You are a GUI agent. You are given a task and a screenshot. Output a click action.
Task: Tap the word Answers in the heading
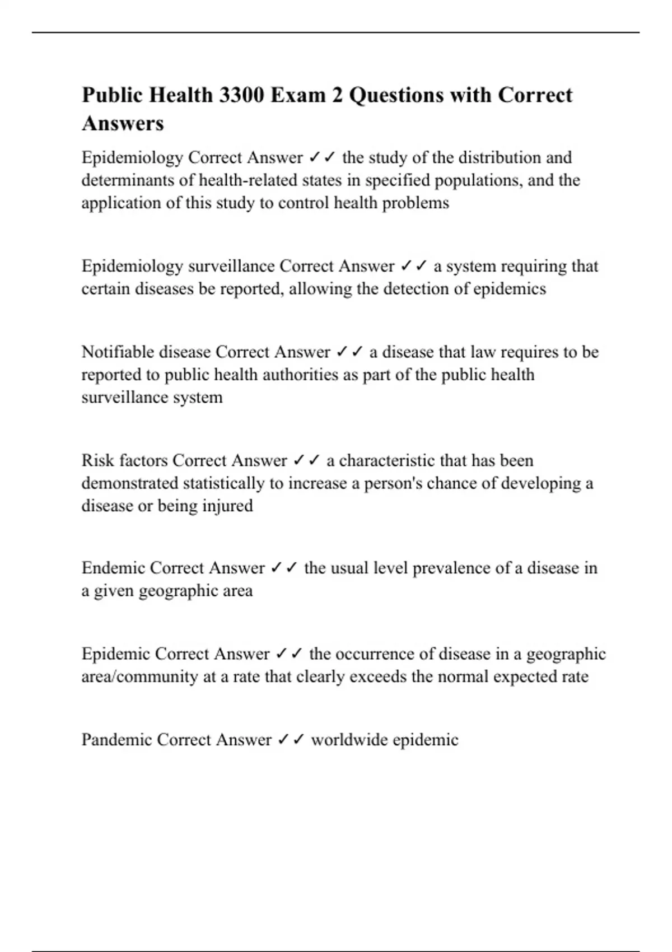click(123, 123)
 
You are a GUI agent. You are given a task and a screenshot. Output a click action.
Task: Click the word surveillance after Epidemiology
click(231, 266)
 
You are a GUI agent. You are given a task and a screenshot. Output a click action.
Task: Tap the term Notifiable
click(118, 352)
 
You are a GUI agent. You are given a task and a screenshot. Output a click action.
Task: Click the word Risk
click(96, 460)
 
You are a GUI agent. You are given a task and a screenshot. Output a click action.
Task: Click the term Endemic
click(113, 568)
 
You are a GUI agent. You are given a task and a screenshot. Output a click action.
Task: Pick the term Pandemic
click(116, 740)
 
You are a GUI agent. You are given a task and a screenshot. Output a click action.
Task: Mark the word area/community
click(140, 676)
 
